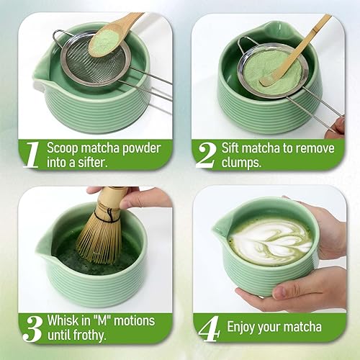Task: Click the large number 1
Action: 30,153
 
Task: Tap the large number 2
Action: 207,153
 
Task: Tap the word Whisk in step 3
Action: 63,319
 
